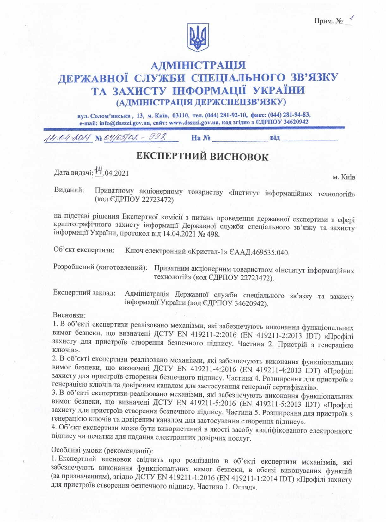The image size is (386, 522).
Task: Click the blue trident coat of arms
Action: click(198, 37)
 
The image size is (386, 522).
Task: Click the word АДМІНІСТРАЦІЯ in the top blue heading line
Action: click(198, 65)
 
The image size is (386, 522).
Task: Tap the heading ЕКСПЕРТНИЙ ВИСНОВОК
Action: click(202, 157)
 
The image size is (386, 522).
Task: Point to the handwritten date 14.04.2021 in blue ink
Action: click(68, 138)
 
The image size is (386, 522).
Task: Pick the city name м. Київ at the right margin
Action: click(344, 177)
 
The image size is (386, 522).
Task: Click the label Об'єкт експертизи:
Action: click(84, 250)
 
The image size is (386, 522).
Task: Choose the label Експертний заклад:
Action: click(84, 293)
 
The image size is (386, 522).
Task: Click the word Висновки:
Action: click(69, 315)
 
